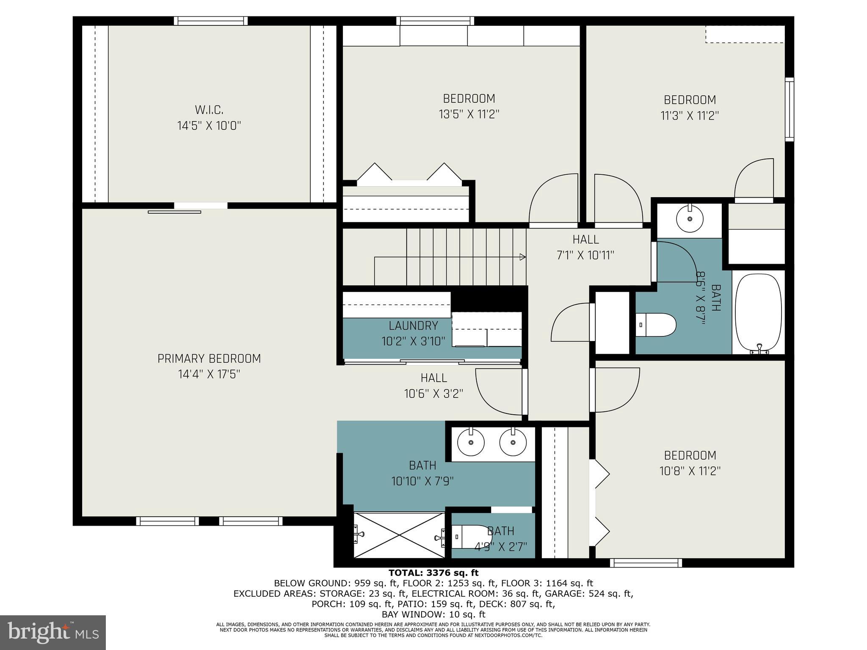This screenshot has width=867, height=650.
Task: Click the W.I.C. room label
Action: click(209, 110)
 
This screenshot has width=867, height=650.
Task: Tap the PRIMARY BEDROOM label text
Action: click(209, 359)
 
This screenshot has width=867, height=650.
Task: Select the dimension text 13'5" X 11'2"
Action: click(469, 115)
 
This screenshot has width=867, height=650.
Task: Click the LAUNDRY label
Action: click(413, 326)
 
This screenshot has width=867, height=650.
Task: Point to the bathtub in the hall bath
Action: click(758, 313)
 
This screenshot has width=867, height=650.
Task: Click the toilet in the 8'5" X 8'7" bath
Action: click(656, 325)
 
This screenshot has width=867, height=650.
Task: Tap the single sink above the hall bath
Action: click(690, 219)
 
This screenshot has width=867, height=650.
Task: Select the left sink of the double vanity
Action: click(471, 442)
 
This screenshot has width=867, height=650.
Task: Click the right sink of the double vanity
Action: click(513, 442)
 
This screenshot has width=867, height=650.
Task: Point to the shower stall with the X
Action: click(399, 536)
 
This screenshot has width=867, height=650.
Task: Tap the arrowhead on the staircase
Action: click(523, 257)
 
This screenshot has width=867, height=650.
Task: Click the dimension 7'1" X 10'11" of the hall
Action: click(585, 256)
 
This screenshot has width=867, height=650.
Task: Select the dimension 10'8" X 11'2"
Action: click(690, 471)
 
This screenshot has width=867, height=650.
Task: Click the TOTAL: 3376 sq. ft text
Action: click(433, 573)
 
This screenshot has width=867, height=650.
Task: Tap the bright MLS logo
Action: click(52, 632)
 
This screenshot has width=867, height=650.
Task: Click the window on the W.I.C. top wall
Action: click(210, 21)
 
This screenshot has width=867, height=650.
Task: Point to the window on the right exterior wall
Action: click(789, 109)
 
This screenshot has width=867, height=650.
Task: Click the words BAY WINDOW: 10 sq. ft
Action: click(433, 614)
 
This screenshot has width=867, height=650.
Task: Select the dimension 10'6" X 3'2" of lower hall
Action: click(433, 394)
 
